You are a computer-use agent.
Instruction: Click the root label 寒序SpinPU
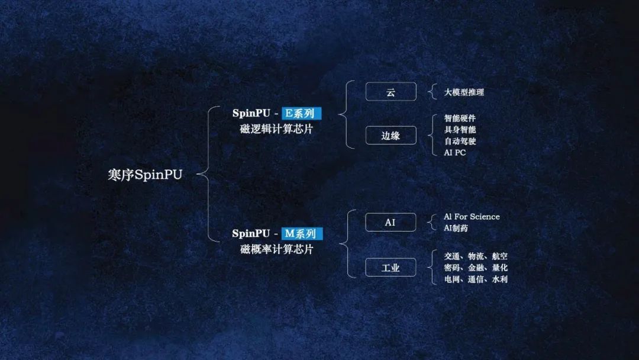(145, 175)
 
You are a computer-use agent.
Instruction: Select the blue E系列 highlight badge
(301, 113)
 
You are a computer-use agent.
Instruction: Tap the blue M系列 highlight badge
(302, 234)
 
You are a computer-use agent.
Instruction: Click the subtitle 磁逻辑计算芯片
(276, 129)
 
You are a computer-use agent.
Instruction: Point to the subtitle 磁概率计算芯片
(276, 249)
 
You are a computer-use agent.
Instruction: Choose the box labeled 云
(391, 92)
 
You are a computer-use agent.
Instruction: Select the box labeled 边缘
(391, 136)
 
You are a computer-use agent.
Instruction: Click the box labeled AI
(390, 222)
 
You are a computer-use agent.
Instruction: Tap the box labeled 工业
(390, 268)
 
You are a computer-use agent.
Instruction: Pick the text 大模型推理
(464, 92)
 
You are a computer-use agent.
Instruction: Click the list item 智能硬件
(460, 118)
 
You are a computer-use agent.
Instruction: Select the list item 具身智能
(460, 130)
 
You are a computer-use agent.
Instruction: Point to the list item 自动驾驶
(460, 141)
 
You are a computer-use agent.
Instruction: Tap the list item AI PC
(455, 153)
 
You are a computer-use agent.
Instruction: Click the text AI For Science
(472, 217)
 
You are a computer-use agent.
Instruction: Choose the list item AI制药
(456, 228)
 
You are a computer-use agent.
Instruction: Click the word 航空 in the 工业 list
(499, 256)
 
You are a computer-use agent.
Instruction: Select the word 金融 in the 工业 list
(476, 268)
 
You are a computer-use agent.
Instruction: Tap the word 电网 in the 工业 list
(452, 279)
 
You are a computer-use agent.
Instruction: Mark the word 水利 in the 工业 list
(499, 279)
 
